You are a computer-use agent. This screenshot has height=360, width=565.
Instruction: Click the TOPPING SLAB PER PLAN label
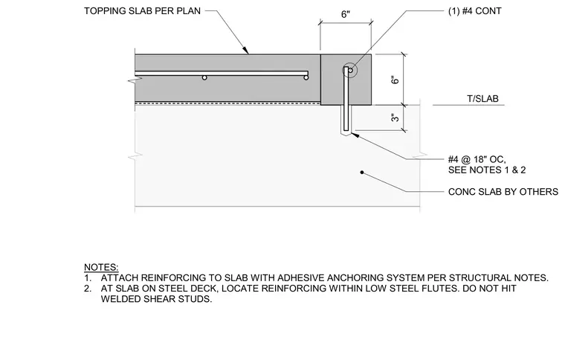point(142,11)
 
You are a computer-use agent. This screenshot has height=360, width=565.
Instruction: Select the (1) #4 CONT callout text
point(474,11)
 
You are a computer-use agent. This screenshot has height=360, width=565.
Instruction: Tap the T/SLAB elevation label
point(482,99)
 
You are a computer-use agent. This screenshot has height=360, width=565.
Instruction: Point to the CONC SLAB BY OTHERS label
point(503,192)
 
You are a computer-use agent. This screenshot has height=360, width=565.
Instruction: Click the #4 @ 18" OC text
point(477,159)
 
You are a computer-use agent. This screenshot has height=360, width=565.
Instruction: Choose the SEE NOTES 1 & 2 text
point(487,170)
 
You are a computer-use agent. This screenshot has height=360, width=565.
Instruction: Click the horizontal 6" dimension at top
point(346,14)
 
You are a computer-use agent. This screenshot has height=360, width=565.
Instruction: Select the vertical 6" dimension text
point(395,80)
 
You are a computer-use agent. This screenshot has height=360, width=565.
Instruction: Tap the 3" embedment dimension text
point(395,118)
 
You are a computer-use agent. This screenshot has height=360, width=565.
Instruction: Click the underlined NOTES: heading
point(101,267)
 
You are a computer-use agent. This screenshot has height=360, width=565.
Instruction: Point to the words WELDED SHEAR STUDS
point(155,299)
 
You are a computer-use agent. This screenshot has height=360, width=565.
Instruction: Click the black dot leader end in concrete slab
point(362,173)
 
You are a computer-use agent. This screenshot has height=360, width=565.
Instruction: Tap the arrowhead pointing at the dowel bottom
point(354,135)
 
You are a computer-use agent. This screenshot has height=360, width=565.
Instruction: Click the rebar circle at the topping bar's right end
point(306,77)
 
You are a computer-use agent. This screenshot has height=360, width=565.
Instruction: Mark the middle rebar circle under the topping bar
point(204,77)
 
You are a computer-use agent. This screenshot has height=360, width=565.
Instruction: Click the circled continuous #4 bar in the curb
point(350,70)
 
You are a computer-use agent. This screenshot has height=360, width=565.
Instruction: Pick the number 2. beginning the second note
point(88,289)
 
